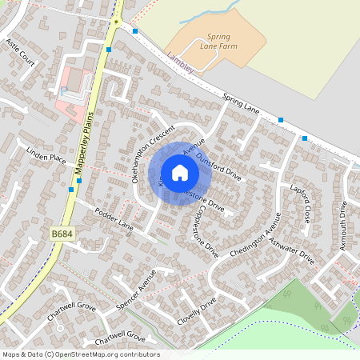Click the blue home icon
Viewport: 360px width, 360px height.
(180, 172)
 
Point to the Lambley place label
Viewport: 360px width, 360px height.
(181, 63)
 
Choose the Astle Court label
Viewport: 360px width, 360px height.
(21, 52)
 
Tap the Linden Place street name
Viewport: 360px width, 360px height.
(46, 158)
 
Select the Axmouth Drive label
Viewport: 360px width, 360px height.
(344, 226)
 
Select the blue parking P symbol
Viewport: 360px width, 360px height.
(63, 90)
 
